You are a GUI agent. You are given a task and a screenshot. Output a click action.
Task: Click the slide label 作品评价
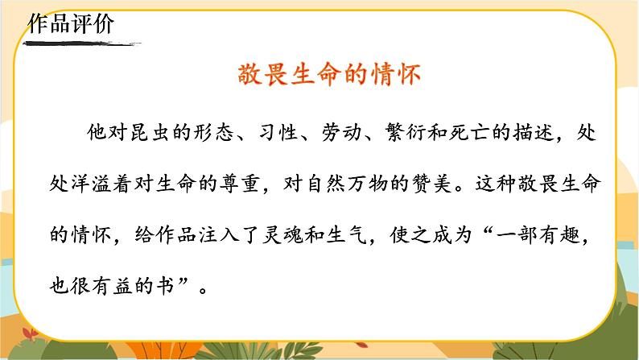[71, 23]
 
